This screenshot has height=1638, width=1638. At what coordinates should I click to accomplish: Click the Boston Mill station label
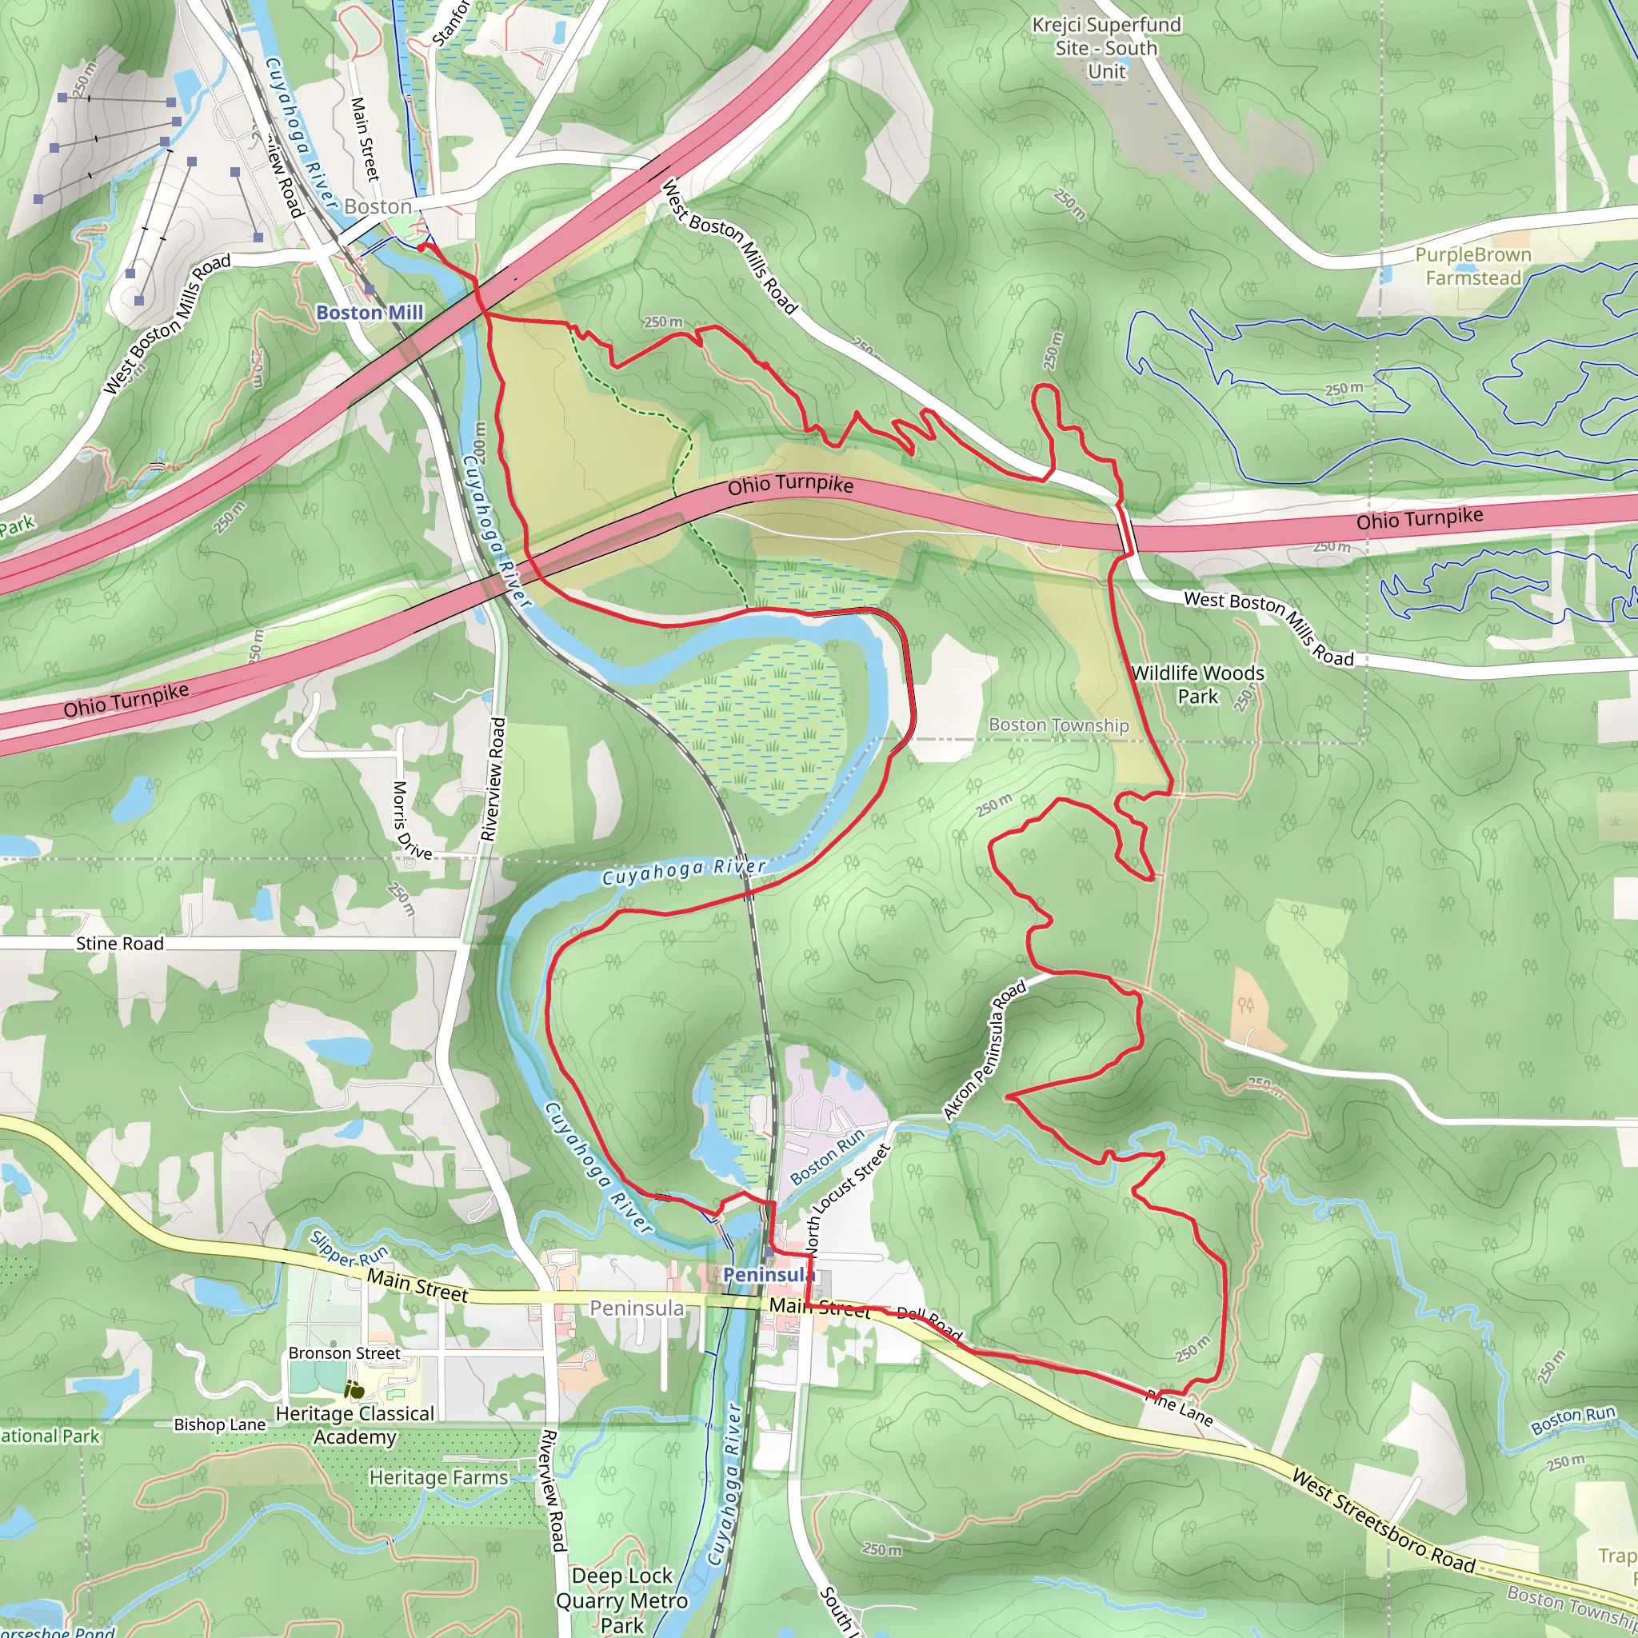coord(370,313)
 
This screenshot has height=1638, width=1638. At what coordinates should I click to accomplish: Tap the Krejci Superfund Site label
coord(1106,48)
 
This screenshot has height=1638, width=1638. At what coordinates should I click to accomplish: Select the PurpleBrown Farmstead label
coord(1472,266)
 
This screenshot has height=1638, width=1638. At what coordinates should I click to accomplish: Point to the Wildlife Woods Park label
coord(1197,684)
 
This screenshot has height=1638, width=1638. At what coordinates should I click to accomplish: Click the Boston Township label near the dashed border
coord(1058,725)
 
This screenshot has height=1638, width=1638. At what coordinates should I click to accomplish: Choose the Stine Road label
coord(119,944)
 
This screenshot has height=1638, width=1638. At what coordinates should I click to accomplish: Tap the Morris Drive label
coord(411,820)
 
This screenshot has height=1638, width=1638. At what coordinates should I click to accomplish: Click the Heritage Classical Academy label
coord(354,1425)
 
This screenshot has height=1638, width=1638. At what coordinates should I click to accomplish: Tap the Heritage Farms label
coord(438,1478)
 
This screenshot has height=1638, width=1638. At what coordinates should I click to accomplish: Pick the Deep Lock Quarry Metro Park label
coord(621,1600)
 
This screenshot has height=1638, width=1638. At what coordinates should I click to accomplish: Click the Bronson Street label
coord(343,1353)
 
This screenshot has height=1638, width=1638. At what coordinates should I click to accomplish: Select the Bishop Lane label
coord(220,1424)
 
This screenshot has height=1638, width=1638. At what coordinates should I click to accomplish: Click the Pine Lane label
coord(1178,1408)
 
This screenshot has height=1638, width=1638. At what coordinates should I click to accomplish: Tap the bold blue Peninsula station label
coord(768,1275)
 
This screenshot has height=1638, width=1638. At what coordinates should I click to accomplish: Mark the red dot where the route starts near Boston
coord(421,248)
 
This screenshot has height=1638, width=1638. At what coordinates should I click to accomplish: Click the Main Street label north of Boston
coord(365,139)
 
